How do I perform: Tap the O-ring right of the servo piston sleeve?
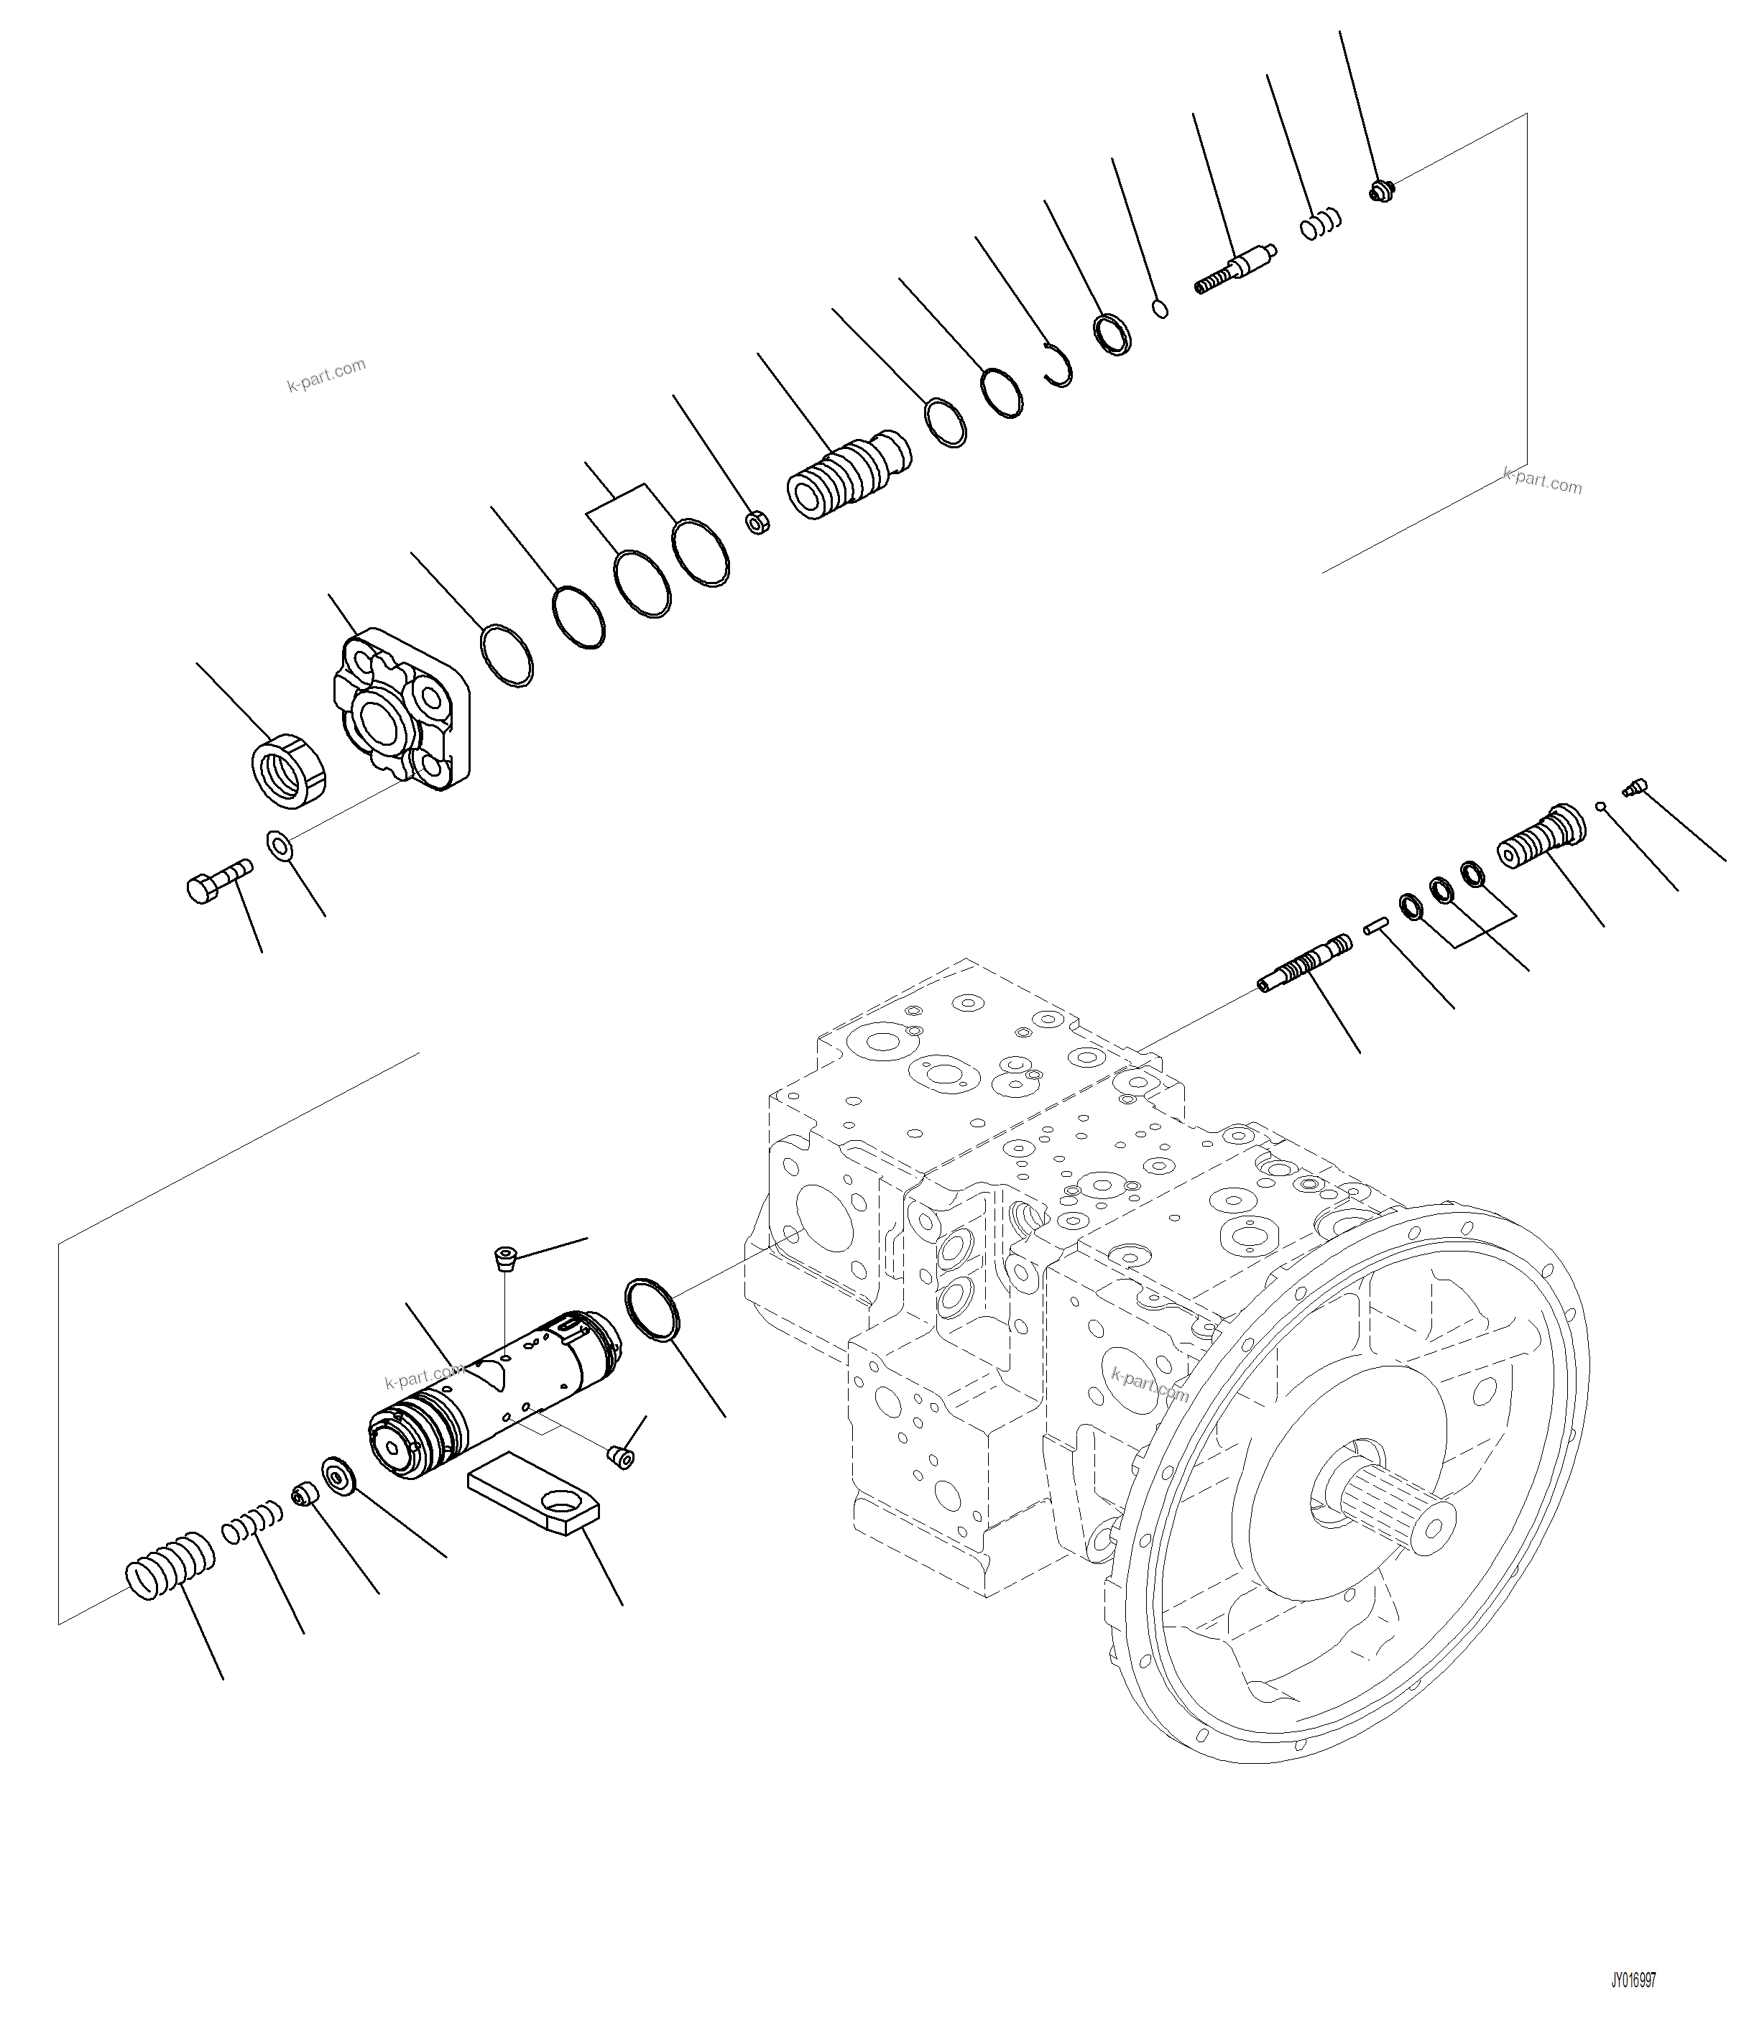click(651, 1308)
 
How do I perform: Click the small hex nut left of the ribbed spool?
click(757, 523)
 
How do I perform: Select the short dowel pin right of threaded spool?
click(1375, 926)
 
